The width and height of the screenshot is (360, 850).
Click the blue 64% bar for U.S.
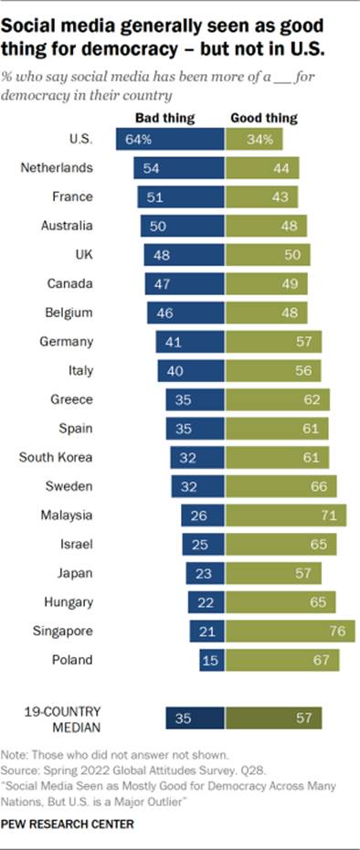coord(169,139)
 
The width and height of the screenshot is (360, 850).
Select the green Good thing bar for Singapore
coord(291,631)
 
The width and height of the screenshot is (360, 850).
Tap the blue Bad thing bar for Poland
coord(211,659)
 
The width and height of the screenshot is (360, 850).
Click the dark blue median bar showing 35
coord(195,718)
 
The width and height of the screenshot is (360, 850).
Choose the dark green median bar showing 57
coord(273,718)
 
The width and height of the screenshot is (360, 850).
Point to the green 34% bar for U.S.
coord(254,139)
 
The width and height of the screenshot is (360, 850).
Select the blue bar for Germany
coord(190,342)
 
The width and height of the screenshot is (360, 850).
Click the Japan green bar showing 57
coord(273,574)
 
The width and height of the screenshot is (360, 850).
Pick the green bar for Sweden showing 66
coord(281,486)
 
